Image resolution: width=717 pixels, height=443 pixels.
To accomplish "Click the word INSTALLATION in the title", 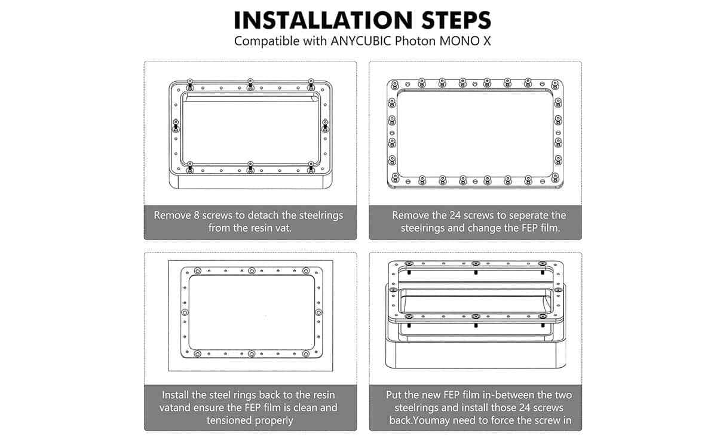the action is point(323,20).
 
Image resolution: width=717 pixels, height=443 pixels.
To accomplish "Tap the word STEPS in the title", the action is point(456,20).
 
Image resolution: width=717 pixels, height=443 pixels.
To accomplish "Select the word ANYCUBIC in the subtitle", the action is point(361,41).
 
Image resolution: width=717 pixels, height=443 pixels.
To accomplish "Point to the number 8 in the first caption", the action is point(197,216).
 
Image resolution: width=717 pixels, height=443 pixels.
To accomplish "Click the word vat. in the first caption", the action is point(281,228).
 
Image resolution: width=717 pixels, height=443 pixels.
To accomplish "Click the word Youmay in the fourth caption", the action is point(432,420).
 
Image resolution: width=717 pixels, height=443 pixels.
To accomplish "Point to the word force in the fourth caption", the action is point(508,420).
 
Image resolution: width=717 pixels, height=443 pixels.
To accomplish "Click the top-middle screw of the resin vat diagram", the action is point(250,84).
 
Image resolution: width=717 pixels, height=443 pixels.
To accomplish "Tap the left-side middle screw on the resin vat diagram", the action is point(176,126).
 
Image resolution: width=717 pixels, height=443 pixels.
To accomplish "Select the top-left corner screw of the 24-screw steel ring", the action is point(395,85).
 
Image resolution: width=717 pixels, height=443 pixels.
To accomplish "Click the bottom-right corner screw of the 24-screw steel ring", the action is point(555,177).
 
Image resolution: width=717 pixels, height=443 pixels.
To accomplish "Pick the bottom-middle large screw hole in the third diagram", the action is point(252,354).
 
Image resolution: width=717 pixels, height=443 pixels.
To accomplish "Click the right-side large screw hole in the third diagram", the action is point(318,312).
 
